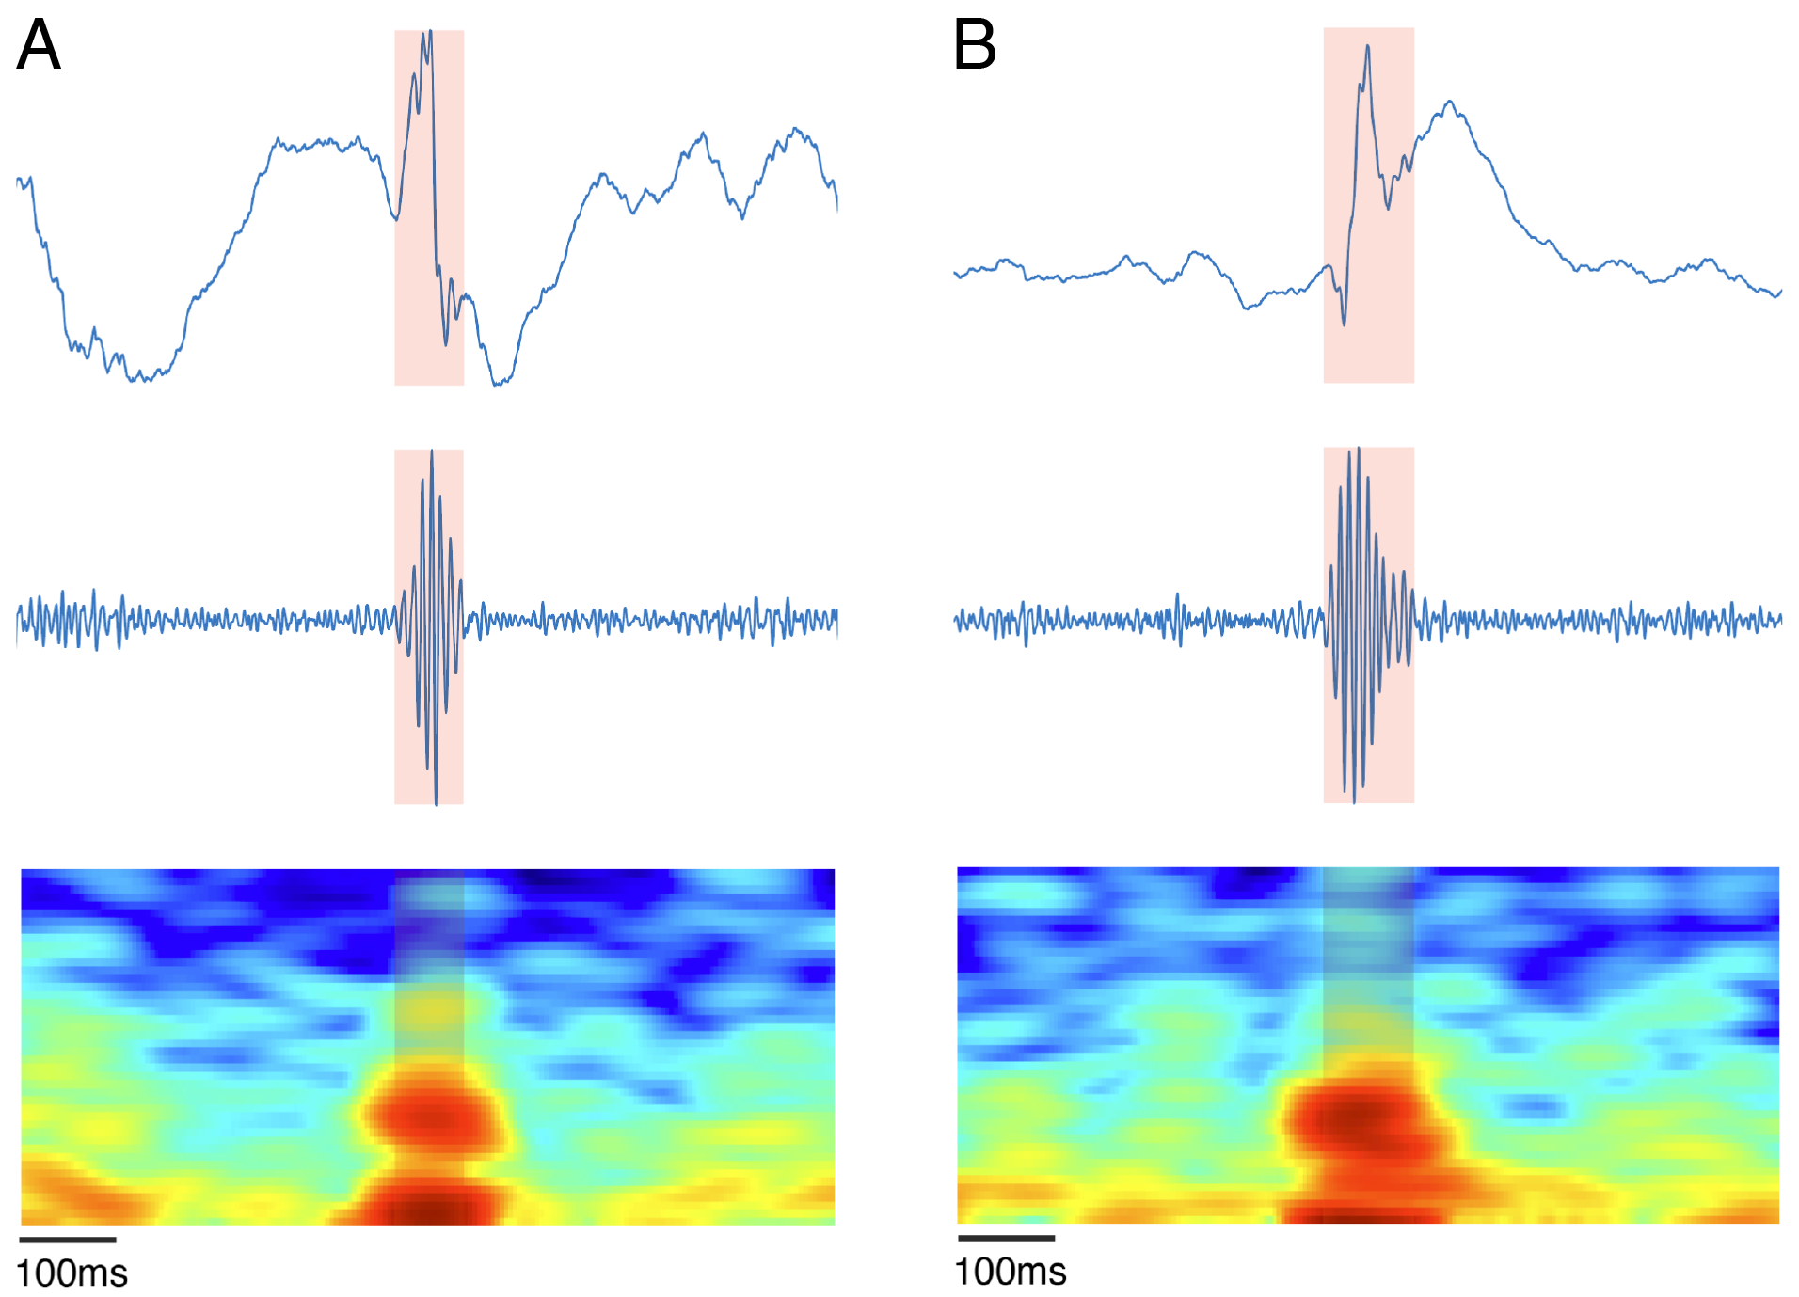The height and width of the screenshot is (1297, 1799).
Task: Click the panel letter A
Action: pyautogui.click(x=39, y=45)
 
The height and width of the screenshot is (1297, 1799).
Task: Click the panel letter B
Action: pyautogui.click(x=974, y=45)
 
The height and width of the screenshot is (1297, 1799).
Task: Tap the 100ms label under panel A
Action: pyautogui.click(x=72, y=1273)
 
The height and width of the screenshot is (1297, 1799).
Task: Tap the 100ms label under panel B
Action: pyautogui.click(x=1010, y=1272)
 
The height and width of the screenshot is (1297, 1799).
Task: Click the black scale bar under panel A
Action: pyautogui.click(x=68, y=1240)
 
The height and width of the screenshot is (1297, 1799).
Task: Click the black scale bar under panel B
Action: pyautogui.click(x=1006, y=1238)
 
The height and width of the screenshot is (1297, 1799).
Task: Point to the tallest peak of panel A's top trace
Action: pyautogui.click(x=430, y=32)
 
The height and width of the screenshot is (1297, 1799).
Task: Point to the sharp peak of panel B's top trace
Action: pyautogui.click(x=1367, y=47)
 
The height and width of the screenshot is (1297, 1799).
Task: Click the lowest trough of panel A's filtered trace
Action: pyautogui.click(x=436, y=803)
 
